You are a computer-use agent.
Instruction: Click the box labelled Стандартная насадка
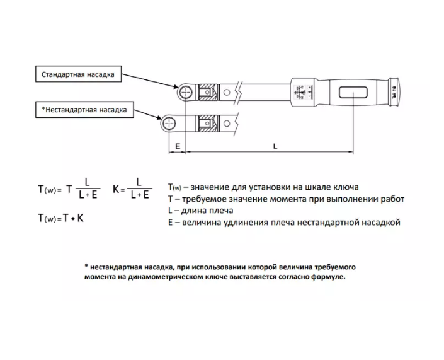coord(79,74)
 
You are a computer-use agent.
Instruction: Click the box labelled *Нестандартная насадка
coord(84,110)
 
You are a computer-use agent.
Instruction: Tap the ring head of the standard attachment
coord(185,92)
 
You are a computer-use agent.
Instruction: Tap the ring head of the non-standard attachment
coord(169,124)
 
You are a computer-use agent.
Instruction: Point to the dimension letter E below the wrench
coord(178,146)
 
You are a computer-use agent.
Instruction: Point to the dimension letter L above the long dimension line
coord(275,146)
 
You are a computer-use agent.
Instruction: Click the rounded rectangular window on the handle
coord(353,93)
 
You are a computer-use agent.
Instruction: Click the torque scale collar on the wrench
coord(302,93)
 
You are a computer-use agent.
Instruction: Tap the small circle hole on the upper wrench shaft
coord(227,92)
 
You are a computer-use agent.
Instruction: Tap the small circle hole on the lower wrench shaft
coord(227,124)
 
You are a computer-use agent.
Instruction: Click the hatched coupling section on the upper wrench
coord(209,92)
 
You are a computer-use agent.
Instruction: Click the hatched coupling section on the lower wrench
coord(209,124)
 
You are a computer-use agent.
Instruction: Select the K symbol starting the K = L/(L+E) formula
coord(116,189)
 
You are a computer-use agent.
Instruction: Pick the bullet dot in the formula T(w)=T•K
coord(73,219)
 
